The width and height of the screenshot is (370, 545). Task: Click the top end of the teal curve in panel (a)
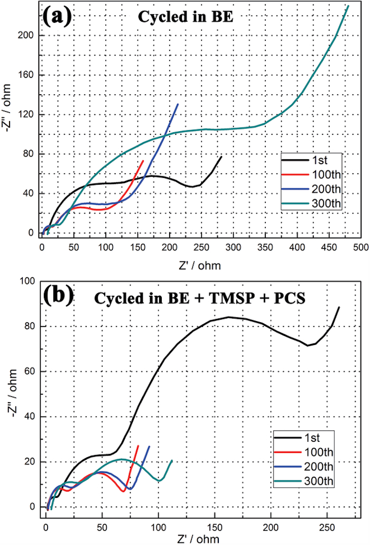[x=348, y=6]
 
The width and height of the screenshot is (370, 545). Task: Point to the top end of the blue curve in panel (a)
[x=178, y=104]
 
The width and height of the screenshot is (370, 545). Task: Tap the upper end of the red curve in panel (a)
[x=143, y=160]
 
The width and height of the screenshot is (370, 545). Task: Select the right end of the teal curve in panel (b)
[x=172, y=460]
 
